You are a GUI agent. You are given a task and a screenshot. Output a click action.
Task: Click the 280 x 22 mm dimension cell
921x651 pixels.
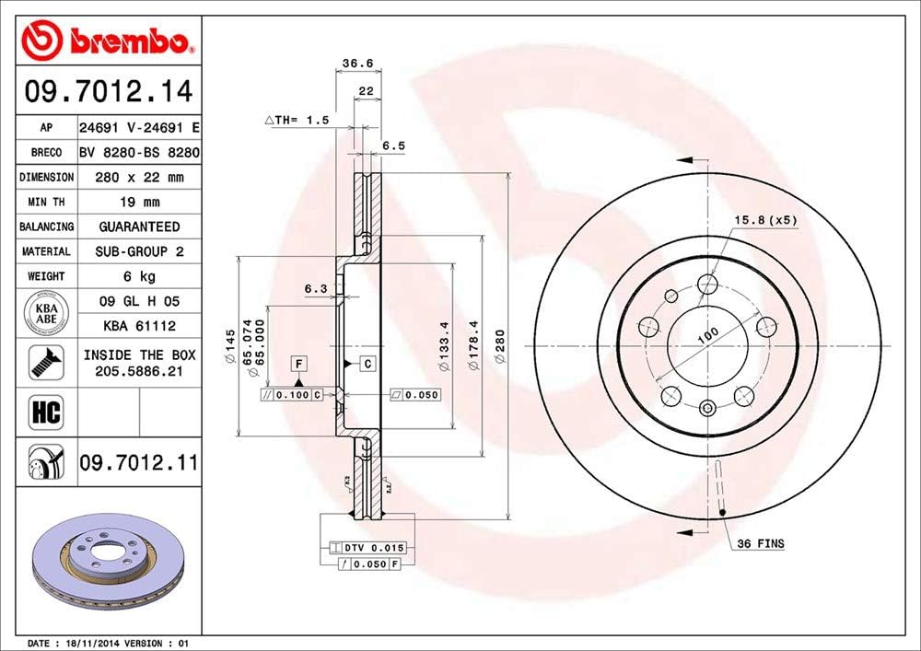138,177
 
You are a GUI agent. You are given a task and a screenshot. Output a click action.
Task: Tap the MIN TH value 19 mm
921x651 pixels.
138,202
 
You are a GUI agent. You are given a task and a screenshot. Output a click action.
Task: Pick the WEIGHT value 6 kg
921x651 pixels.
138,276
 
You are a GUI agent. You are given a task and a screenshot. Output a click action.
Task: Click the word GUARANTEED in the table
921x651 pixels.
138,227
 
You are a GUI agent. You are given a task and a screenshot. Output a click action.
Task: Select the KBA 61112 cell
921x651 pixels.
138,325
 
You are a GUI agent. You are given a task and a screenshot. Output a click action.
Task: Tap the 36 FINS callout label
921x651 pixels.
760,544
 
